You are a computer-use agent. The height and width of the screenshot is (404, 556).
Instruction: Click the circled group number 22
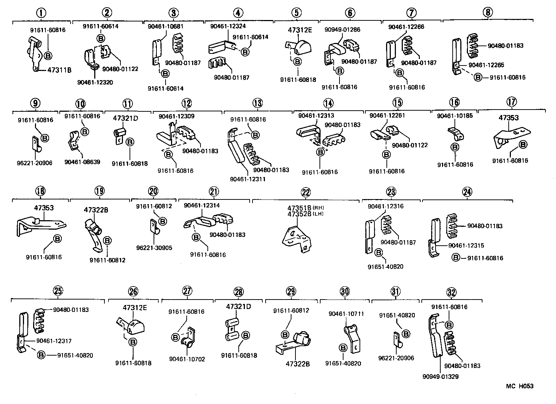[306, 192]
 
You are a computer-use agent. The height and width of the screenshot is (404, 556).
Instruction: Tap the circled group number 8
[488, 12]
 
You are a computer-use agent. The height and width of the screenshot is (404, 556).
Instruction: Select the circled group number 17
[511, 102]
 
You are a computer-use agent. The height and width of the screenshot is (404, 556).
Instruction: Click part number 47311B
[59, 70]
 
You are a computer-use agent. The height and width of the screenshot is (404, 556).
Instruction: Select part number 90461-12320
[95, 82]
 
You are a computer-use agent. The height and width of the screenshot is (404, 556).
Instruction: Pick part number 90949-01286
[342, 29]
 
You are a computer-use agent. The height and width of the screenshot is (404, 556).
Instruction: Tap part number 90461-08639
[82, 162]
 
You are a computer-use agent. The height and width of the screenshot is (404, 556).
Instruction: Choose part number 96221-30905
[154, 248]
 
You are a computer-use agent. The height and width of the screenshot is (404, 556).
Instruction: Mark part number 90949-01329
[441, 377]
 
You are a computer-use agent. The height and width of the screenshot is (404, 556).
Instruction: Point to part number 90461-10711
[346, 314]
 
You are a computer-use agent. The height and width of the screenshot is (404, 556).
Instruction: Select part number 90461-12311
[248, 179]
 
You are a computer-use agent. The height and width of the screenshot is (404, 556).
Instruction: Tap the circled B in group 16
[455, 147]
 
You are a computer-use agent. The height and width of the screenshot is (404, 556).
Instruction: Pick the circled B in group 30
[343, 348]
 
